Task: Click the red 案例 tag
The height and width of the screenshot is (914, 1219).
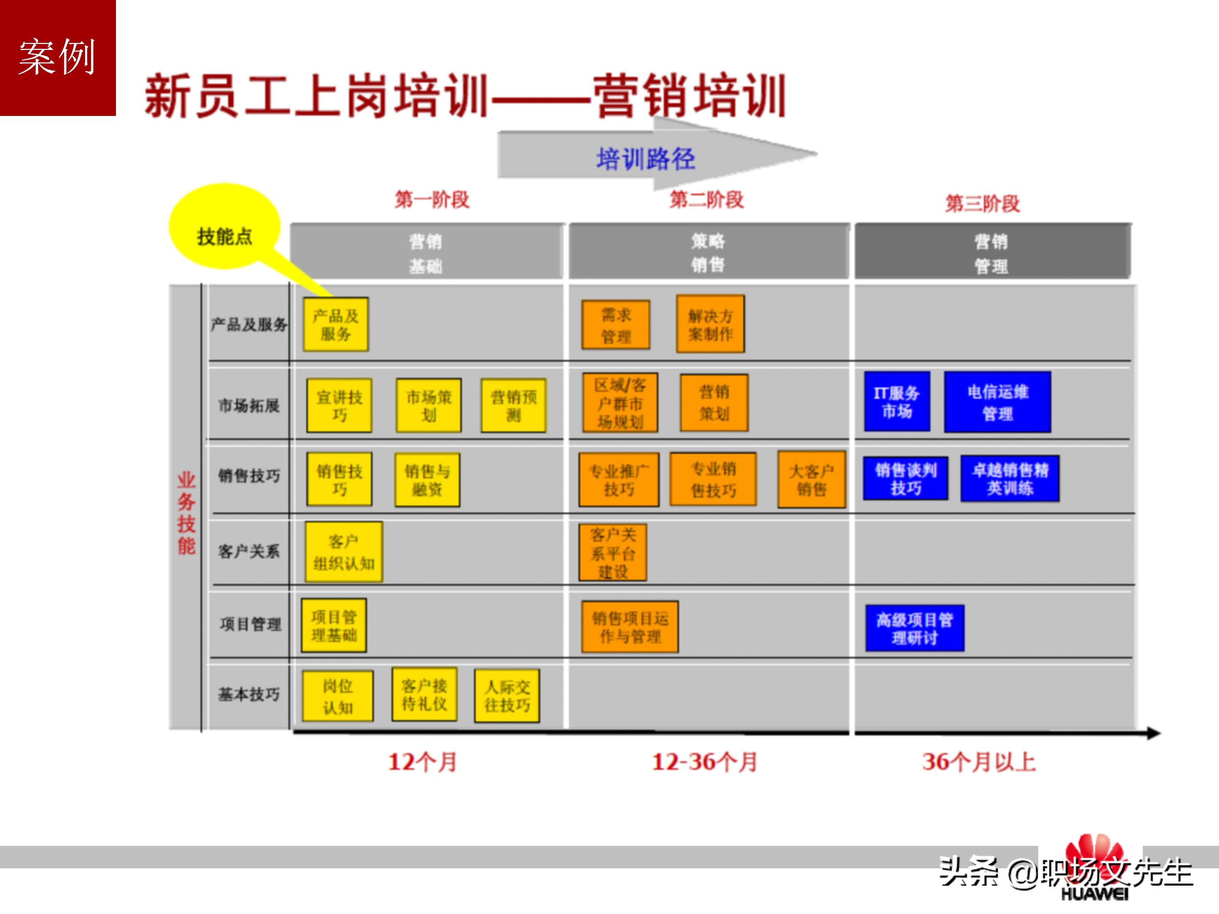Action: click(x=57, y=57)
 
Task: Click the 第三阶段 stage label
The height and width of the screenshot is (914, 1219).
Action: click(x=982, y=203)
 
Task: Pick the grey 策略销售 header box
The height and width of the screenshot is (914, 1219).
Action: click(x=708, y=252)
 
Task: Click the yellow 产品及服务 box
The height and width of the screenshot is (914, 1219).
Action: click(x=336, y=325)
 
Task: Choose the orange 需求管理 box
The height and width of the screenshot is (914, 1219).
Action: click(x=615, y=325)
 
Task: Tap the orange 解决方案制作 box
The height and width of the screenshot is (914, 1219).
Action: click(x=710, y=325)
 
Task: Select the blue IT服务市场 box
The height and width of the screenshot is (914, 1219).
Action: click(x=896, y=402)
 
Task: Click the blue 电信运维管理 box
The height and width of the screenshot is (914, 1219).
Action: click(x=998, y=402)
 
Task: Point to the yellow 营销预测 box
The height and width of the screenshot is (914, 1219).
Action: click(x=513, y=405)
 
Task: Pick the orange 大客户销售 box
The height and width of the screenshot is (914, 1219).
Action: click(x=811, y=479)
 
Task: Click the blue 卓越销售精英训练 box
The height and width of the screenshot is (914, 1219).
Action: click(x=1009, y=478)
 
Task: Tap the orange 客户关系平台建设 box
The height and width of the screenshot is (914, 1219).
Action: click(x=613, y=553)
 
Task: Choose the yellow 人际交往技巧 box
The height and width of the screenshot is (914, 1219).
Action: click(x=507, y=696)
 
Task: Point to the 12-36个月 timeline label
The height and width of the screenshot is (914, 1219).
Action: click(x=704, y=762)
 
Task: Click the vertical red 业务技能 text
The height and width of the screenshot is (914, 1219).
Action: click(x=186, y=513)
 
